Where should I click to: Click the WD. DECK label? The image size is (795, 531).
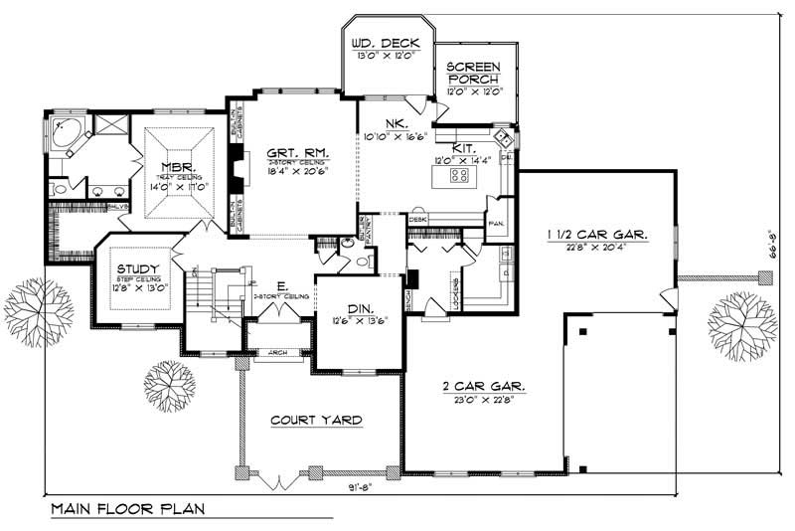point(389,44)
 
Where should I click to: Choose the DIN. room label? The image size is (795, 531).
point(348,308)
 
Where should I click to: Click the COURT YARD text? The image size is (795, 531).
point(316,420)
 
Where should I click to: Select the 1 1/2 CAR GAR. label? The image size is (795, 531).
point(598,235)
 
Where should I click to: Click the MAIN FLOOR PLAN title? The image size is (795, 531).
point(127,510)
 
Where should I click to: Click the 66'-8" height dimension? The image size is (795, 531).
point(775,257)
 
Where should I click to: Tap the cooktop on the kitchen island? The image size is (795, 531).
point(460,176)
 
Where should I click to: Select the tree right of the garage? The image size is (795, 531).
point(742,323)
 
